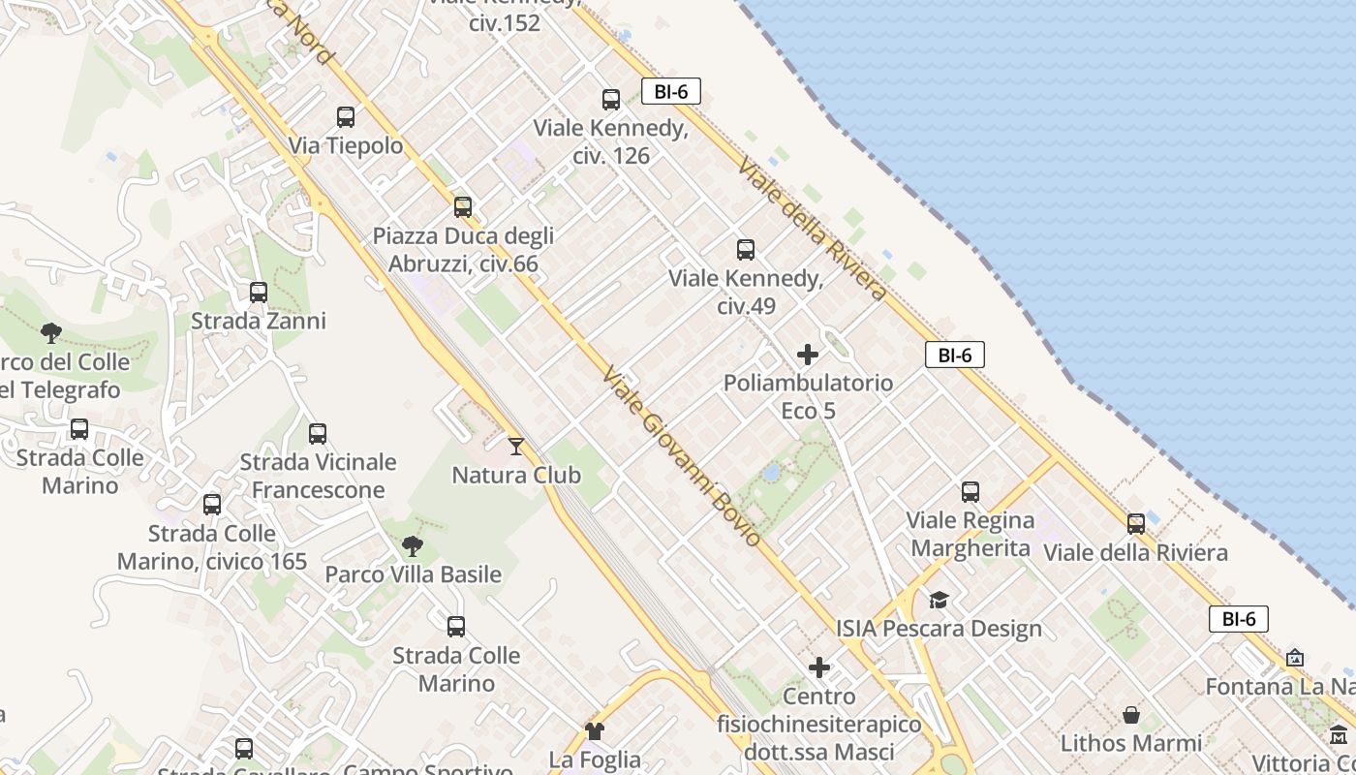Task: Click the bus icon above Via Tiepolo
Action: click(346, 117)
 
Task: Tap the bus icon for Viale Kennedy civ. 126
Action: click(611, 99)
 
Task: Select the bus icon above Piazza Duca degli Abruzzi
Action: click(463, 206)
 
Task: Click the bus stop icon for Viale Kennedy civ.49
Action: click(746, 250)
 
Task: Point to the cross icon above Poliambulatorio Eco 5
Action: click(808, 355)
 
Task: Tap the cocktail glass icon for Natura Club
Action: click(516, 447)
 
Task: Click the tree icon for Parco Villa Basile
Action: click(413, 546)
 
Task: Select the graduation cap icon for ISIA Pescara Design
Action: click(939, 601)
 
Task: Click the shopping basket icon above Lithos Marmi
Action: click(1131, 715)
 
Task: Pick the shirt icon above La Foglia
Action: click(595, 731)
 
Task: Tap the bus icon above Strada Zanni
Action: click(259, 293)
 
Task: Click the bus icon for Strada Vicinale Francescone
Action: click(318, 434)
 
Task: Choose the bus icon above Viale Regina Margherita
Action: click(971, 492)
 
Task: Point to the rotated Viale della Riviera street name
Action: click(812, 230)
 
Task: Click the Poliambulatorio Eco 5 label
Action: click(808, 396)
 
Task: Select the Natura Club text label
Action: click(516, 476)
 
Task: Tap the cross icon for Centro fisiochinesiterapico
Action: click(819, 667)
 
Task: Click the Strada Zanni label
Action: click(259, 321)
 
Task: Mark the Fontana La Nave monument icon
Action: click(1295, 659)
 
